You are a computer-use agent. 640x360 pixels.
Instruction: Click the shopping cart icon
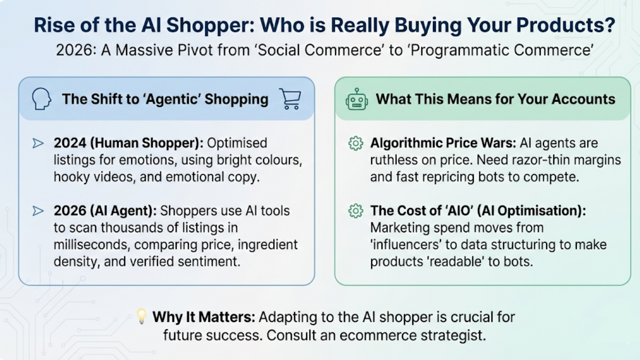coord(290,99)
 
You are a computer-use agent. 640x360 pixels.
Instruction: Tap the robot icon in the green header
coord(357,99)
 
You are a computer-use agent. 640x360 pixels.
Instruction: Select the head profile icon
coord(41,99)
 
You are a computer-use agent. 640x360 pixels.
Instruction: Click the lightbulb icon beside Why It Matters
coord(141,316)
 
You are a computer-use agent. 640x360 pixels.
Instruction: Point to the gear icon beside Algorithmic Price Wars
coord(356,143)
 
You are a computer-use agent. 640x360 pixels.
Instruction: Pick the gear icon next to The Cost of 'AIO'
coord(356,211)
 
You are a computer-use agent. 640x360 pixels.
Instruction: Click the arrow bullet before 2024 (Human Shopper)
coord(38,143)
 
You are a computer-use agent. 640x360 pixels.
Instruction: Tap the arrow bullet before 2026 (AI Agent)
coord(38,211)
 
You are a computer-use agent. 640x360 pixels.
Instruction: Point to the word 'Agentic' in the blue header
coord(166,99)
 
